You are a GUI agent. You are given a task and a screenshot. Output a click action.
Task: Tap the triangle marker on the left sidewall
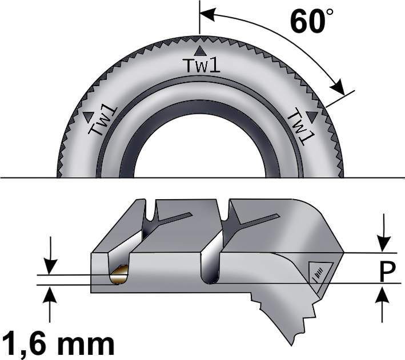click(x=88, y=117)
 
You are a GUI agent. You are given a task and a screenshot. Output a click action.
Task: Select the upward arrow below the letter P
click(x=383, y=305)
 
